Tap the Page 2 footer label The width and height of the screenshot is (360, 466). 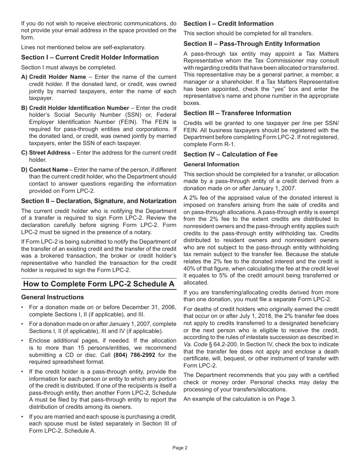pyautogui.click(x=180, y=448)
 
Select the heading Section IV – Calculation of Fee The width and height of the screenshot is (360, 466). pyautogui.click(x=230, y=154)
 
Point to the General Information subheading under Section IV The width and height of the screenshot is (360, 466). pyautogui.click(x=211, y=164)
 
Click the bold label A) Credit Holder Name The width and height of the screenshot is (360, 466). pyautogui.click(x=54, y=77)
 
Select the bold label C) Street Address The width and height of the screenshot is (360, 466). pyautogui.click(x=46, y=153)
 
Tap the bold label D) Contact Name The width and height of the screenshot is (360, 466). pyautogui.click(x=45, y=170)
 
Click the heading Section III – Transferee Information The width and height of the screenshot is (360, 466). pyautogui.click(x=237, y=113)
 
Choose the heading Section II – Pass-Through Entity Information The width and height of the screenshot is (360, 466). pyautogui.click(x=252, y=44)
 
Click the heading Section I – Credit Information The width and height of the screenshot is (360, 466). pyautogui.click(x=229, y=23)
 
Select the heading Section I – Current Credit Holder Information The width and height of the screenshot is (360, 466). pyautogui.click(x=90, y=57)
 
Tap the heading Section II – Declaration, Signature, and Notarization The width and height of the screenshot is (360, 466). pyautogui.click(x=99, y=201)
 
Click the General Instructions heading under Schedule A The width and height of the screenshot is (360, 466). pyautogui.click(x=52, y=297)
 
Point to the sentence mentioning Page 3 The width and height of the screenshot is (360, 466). pyautogui.click(x=239, y=399)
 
